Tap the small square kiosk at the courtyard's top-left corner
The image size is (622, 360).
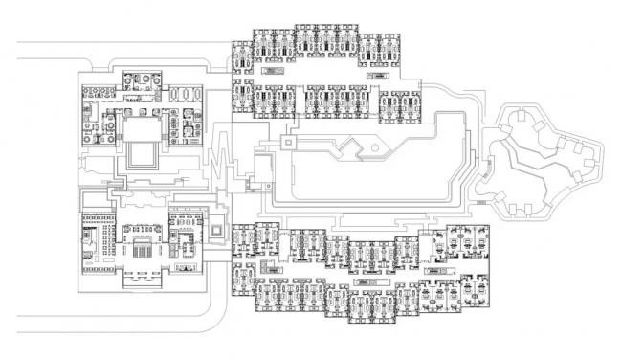[286, 141]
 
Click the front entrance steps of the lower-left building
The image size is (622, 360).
[143, 279]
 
